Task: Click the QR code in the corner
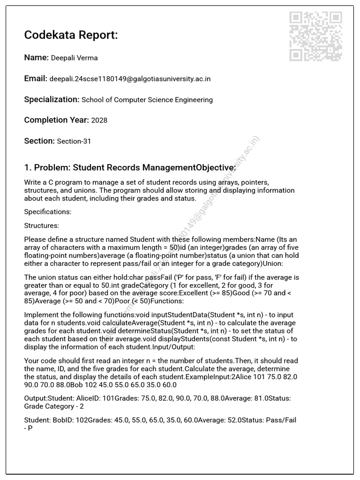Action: click(315, 37)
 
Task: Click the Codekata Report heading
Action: click(71, 35)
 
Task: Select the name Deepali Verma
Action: click(74, 58)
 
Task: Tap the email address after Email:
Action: click(130, 79)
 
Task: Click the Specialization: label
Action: click(52, 99)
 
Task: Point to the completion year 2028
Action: click(99, 120)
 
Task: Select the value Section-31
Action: click(74, 141)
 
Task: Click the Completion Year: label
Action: click(56, 120)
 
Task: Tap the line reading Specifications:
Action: click(47, 212)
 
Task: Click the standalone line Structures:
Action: click(42, 225)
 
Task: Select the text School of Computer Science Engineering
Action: click(147, 100)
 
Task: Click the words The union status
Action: click(51, 277)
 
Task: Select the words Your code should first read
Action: click(65, 360)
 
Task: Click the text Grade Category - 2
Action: click(54, 406)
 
